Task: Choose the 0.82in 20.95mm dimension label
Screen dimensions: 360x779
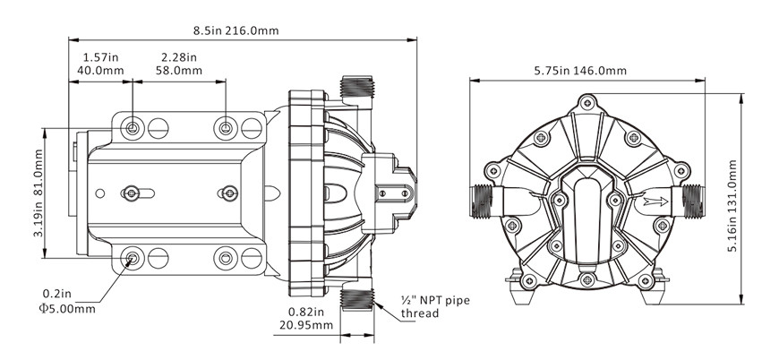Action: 304,318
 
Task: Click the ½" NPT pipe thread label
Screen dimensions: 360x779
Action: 432,309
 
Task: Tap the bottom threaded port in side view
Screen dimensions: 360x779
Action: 359,298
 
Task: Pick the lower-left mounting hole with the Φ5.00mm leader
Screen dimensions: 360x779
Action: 133,260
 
